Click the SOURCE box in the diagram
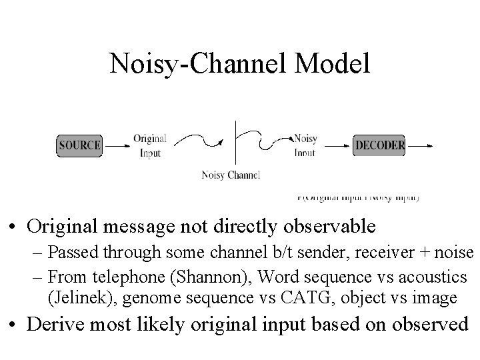[x=79, y=145]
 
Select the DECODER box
[x=379, y=145]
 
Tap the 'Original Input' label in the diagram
[x=149, y=145]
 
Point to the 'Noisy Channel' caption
[x=231, y=175]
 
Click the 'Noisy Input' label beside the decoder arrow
[x=305, y=145]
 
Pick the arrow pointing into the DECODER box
[x=337, y=145]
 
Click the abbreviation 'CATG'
[x=306, y=297]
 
